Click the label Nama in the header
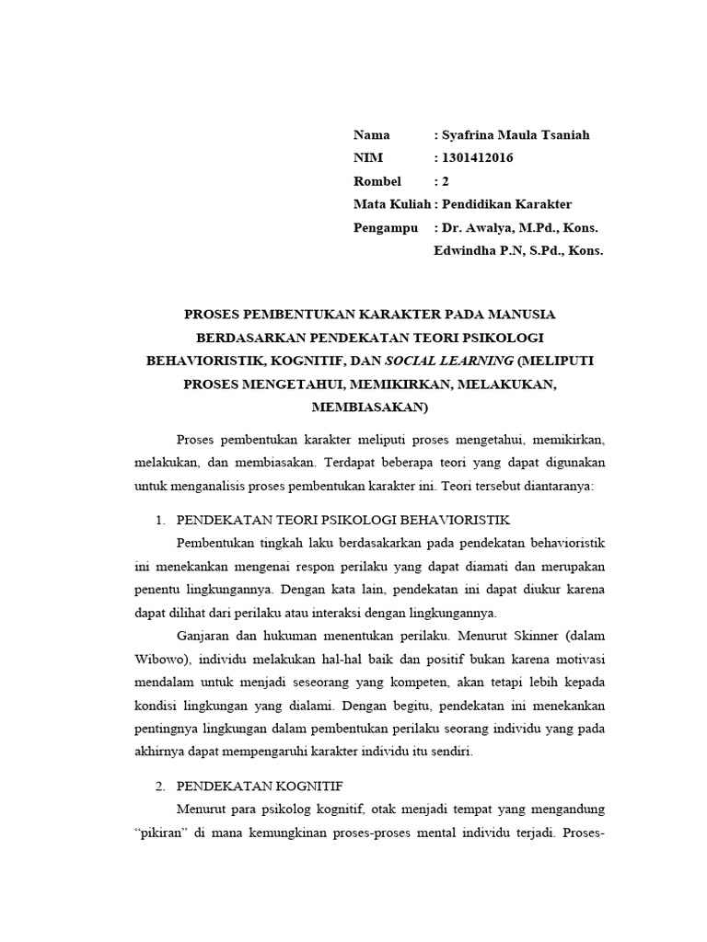pyautogui.click(x=372, y=135)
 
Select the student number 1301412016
pyautogui.click(x=477, y=158)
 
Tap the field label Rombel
pyautogui.click(x=377, y=181)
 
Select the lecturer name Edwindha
pyautogui.click(x=464, y=249)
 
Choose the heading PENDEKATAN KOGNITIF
pyautogui.click(x=260, y=787)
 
